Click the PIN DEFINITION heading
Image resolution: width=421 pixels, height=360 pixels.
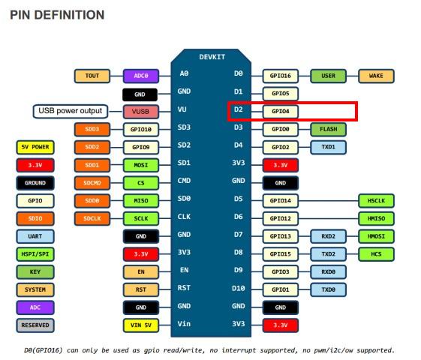(57, 15)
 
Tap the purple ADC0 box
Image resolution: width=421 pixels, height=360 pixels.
(141, 76)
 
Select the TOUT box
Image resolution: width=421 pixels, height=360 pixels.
(92, 76)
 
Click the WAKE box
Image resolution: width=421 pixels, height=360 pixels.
(376, 76)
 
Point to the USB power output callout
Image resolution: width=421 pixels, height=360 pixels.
(71, 111)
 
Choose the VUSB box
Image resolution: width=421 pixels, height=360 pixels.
(141, 112)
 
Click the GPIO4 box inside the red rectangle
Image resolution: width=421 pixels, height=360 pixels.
(281, 111)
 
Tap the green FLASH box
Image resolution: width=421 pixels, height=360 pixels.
(328, 129)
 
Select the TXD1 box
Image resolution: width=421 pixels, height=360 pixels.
(328, 147)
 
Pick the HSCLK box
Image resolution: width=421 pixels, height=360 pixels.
(376, 201)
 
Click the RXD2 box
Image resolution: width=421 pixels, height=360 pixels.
(328, 236)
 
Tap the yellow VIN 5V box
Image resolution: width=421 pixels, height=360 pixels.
(141, 325)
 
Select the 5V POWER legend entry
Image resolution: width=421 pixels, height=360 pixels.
(35, 147)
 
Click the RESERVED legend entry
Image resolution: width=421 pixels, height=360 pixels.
(35, 325)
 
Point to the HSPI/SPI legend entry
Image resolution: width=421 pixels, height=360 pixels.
(35, 254)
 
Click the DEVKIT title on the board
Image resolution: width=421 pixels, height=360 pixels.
(212, 57)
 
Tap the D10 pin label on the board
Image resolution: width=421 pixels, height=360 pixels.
(238, 289)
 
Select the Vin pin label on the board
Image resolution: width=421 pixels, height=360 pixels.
(184, 324)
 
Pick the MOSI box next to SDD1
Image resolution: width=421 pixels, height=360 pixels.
(141, 165)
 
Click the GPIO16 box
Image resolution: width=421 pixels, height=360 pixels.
(281, 76)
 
